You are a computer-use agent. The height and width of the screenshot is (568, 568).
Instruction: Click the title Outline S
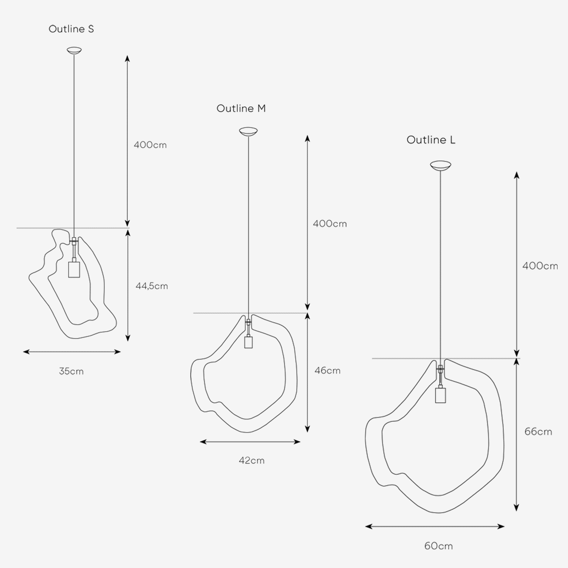pos(71,29)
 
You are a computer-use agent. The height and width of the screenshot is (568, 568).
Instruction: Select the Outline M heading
pos(241,108)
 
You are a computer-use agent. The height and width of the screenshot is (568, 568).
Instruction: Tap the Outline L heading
pos(431,140)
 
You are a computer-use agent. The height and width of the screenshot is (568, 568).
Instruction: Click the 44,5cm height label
pos(152,286)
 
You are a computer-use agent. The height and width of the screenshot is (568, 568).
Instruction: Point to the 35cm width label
pos(71,371)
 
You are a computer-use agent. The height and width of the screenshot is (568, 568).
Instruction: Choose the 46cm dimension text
pos(328,371)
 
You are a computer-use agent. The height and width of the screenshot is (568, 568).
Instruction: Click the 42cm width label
pos(252,461)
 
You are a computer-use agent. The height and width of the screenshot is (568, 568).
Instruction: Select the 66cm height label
pos(538,432)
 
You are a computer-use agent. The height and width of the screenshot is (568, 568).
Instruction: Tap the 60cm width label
pos(439,546)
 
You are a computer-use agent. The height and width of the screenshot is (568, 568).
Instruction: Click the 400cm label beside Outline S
pos(151,145)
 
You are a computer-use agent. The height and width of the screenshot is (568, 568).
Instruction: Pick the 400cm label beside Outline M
pos(330,224)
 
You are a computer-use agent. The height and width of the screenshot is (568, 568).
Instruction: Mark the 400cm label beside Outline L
pos(540,266)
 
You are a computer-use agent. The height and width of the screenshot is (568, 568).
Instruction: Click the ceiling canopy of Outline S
pos(74,50)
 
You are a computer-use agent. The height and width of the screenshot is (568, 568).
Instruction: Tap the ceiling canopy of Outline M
pos(248,132)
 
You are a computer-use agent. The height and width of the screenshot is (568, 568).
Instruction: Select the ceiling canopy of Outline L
pos(440,166)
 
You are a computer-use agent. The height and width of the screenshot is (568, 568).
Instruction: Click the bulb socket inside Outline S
pos(74,269)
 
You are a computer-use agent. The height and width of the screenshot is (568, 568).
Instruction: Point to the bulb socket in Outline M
pos(248,342)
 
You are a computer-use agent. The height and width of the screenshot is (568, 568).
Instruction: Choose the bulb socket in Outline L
pos(440,395)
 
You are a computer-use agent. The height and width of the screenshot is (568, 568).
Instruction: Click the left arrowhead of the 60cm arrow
pos(369,526)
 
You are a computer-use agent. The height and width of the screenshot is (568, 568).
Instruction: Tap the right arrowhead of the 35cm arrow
pos(117,352)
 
